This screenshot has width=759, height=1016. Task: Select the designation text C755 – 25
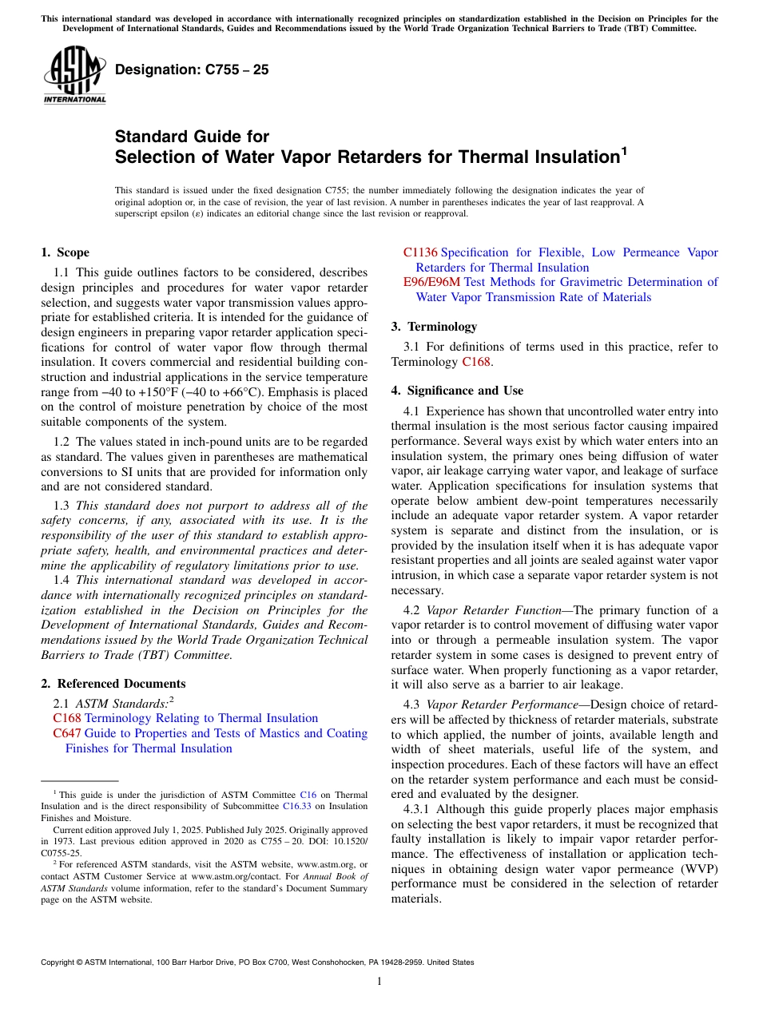tap(192, 69)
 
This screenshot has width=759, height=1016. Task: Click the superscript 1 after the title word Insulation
tap(623, 149)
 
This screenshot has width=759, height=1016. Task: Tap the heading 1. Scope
tap(65, 252)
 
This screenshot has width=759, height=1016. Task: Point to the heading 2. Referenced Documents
tap(113, 684)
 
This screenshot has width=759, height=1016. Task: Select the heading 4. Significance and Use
tap(457, 391)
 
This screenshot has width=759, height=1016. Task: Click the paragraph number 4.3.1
tap(420, 809)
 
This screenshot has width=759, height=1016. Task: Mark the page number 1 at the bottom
tap(379, 982)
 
